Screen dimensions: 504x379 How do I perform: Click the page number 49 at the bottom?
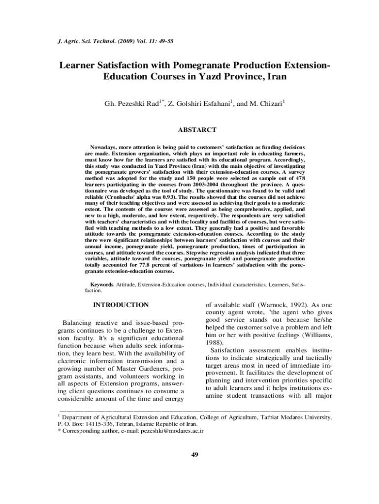coord(194,454)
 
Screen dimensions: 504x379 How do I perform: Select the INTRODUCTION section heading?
coord(121,305)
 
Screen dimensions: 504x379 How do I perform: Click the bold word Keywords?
coord(102,284)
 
